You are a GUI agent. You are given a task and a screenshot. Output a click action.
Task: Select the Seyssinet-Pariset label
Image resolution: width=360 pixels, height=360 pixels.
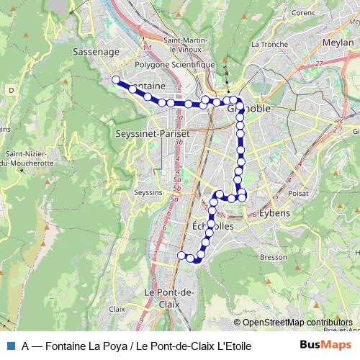coord(152,134)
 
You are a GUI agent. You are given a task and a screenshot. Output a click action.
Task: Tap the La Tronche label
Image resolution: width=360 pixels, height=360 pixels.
coord(266,43)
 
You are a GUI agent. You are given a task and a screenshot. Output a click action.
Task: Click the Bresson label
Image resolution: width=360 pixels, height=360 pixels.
coord(273,256)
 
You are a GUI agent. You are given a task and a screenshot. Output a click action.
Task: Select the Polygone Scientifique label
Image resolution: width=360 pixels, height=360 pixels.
coord(176,64)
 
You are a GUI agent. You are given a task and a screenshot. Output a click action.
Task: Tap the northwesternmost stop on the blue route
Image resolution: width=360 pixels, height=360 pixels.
coord(116,79)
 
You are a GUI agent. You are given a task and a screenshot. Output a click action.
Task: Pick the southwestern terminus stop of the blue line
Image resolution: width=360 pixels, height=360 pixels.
coord(181,255)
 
